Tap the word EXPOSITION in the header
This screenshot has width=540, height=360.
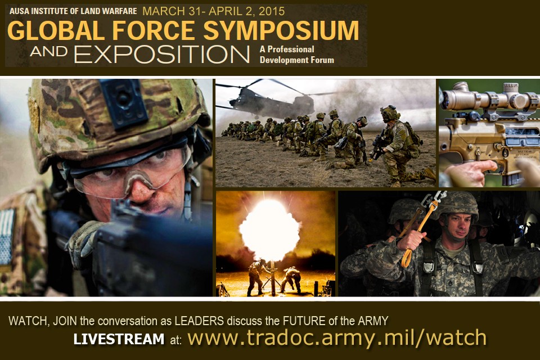162,55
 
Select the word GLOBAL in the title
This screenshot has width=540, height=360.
48,30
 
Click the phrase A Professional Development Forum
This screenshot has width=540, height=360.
296,55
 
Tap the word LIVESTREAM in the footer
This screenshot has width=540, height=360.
119,340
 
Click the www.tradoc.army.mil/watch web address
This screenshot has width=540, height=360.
336,337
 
